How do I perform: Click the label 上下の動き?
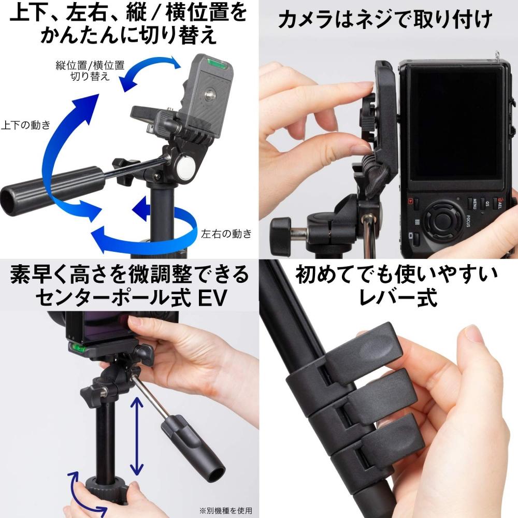tap(26, 125)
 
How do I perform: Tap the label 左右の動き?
tap(226, 233)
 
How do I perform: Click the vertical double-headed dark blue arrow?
tap(136, 436)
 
